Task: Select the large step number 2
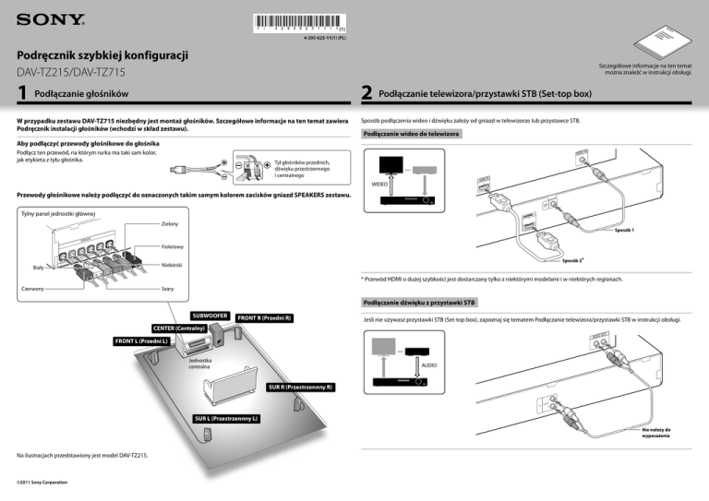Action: point(367,93)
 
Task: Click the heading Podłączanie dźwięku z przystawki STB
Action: point(419,303)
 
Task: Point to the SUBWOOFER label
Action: point(210,316)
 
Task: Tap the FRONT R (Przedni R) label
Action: point(264,318)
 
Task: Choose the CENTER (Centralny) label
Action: point(178,328)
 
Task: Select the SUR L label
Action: point(226,419)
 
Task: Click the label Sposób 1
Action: point(623,229)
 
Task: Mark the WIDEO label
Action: point(379,185)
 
